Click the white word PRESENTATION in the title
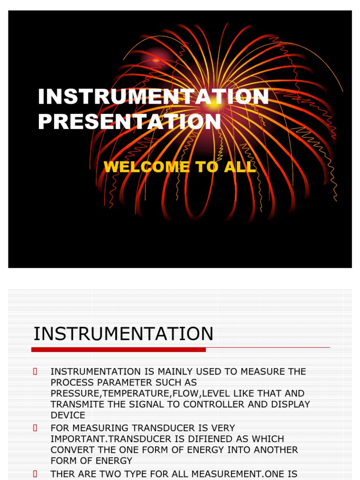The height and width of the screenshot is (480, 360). click(129, 121)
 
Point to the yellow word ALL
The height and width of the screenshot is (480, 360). click(240, 167)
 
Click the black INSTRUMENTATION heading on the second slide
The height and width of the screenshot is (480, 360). click(123, 334)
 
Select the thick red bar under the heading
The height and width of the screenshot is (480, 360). click(119, 350)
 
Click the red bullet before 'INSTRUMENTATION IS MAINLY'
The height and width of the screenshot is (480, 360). click(35, 372)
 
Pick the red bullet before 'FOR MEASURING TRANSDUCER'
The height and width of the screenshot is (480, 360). click(35, 428)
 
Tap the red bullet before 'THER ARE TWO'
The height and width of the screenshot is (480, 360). click(35, 474)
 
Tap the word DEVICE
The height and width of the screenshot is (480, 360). click(68, 415)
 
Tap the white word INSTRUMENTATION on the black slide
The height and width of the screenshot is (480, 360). click(153, 97)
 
